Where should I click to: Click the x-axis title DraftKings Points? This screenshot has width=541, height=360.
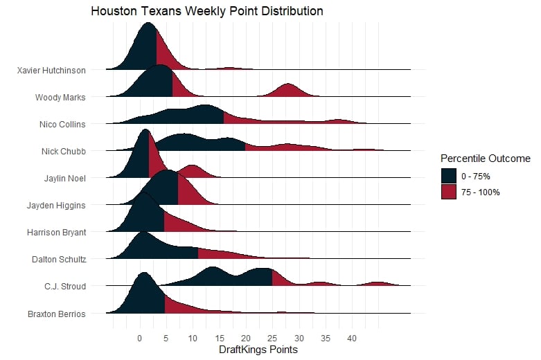click(x=258, y=350)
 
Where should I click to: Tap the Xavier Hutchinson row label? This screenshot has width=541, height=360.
click(x=51, y=70)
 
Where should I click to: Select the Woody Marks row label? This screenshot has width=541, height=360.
click(x=60, y=97)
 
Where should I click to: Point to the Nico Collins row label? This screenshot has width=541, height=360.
click(x=62, y=124)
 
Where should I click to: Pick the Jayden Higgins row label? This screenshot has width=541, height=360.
click(x=56, y=205)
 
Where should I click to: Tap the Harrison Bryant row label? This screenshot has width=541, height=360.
click(x=55, y=232)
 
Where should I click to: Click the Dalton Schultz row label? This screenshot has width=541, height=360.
click(x=59, y=259)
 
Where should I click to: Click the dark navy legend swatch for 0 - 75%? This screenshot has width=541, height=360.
click(x=449, y=176)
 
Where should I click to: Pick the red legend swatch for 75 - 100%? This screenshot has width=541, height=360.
click(x=449, y=192)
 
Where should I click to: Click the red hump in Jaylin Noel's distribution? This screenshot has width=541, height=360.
click(x=192, y=170)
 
